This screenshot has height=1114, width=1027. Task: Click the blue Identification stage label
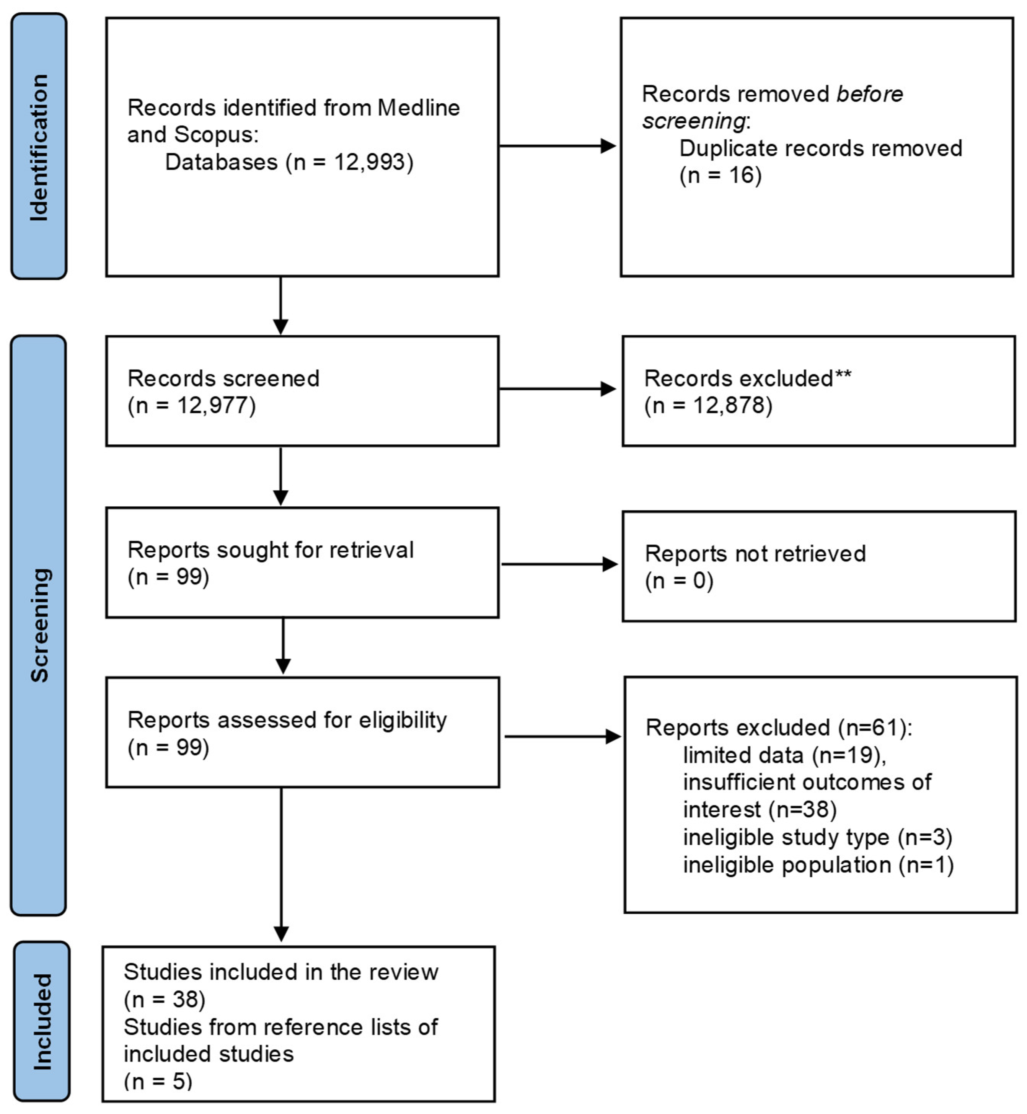click(x=39, y=147)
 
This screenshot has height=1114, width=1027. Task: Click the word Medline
click(x=419, y=108)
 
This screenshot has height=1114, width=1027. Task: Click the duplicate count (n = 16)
click(x=720, y=176)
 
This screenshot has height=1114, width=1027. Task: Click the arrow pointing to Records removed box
click(x=608, y=146)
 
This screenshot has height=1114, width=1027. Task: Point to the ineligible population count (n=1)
click(x=926, y=865)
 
